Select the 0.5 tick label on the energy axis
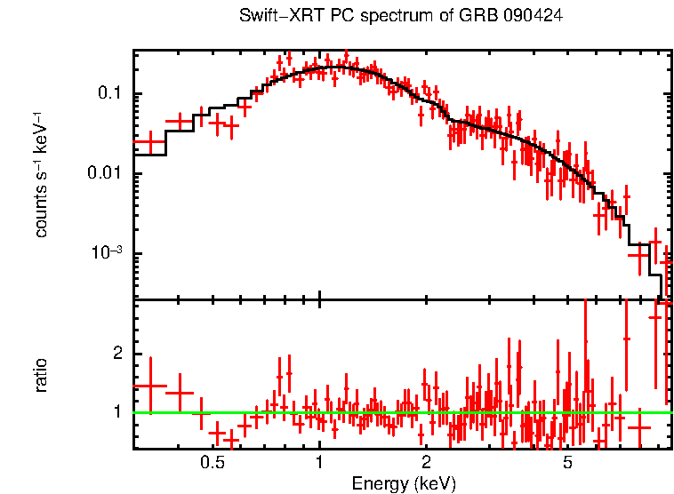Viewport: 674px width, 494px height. click(212, 464)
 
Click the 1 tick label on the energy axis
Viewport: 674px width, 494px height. click(319, 464)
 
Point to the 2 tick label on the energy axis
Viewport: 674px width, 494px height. click(426, 464)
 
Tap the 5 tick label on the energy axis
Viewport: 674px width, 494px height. click(568, 464)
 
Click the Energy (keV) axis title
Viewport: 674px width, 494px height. click(404, 483)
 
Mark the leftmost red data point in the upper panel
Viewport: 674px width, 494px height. click(149, 141)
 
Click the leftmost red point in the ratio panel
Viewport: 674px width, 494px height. click(149, 386)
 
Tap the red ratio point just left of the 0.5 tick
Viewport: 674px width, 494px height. click(203, 413)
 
